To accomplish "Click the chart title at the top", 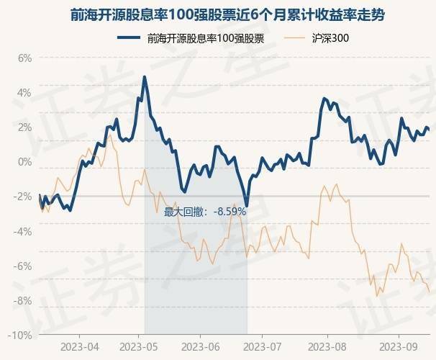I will [218, 14].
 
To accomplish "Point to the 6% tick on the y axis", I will [24, 58].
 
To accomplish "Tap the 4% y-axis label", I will [24, 93].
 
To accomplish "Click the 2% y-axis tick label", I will [24, 127].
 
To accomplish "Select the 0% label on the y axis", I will [24, 162].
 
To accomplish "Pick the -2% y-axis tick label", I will [23, 197].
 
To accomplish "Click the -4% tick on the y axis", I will [23, 231].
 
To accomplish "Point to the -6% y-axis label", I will [23, 266].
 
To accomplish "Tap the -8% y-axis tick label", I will [23, 300].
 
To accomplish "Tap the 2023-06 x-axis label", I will [206, 346].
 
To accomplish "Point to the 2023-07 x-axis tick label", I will [266, 346].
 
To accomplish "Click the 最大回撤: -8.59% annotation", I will [205, 212].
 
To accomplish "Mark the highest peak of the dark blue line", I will [145, 76].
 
